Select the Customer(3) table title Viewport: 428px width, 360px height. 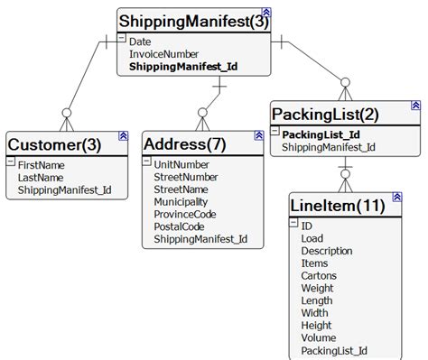coord(55,143)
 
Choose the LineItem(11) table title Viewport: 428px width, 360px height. coord(338,206)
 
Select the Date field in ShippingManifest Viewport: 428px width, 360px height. coord(140,42)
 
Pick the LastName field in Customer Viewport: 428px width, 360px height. coord(41,178)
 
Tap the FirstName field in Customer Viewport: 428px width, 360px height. coord(42,165)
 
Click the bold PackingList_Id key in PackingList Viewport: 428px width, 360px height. coord(321,134)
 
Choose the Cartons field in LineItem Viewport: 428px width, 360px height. coord(320,275)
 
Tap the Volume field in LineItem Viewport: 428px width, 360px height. coord(320,338)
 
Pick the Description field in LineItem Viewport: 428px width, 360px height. coord(327,251)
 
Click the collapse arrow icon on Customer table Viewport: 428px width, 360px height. coord(123,136)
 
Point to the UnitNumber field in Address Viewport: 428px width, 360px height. coord(181,165)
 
